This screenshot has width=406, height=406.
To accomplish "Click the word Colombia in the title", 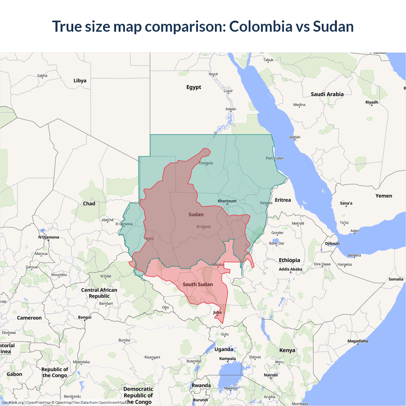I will pos(260,26).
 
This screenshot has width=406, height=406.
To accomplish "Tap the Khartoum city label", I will pos(227,201).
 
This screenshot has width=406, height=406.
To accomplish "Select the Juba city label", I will pos(217,312).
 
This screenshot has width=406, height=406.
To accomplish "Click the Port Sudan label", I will pos(275,158).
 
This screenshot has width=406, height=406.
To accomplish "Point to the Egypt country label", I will pos(194,87).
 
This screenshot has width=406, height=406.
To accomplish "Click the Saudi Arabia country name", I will pos(327,94).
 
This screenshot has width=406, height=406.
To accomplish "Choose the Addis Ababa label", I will pos(291,269).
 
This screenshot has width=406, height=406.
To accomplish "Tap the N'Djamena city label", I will pos(49,237).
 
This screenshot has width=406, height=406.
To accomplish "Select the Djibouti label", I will pos(332,243).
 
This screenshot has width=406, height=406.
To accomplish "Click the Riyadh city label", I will pos(372,102).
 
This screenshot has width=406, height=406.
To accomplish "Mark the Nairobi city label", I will pos(271,375).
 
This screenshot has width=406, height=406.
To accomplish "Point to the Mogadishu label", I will pos(358,341).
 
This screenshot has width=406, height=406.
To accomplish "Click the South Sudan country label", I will pos(198,284).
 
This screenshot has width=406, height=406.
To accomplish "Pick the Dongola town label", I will pos(206,163).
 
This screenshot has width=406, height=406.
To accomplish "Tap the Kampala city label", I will pos(227,358).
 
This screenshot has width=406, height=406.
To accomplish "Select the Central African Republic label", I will pos(99,293).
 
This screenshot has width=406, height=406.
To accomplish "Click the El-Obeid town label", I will pos(203,226).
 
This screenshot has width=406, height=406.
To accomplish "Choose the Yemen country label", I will pos(384,196).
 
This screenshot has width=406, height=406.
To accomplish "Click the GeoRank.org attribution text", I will pos(13,403).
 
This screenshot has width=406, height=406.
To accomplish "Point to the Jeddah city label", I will pos(295,137).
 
